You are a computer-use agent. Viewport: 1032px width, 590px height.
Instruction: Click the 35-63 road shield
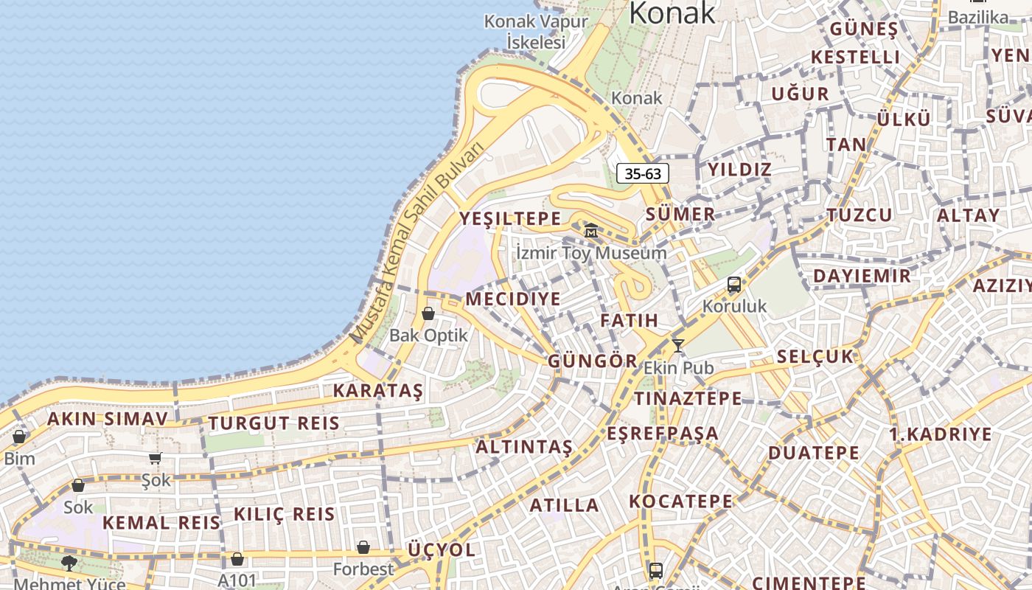point(643,174)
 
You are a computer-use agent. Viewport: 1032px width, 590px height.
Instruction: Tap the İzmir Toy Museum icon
point(591,231)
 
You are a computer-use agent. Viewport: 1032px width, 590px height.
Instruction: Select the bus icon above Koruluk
point(733,284)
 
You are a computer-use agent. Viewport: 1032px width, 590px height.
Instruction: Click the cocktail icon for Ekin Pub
point(677,344)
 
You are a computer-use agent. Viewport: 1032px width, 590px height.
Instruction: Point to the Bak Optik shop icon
point(428,313)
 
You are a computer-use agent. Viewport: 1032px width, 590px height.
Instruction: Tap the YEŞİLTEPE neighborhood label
point(510,218)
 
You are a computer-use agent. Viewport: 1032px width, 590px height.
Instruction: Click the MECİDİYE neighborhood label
point(513,299)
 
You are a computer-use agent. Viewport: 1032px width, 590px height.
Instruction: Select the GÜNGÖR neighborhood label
point(592,361)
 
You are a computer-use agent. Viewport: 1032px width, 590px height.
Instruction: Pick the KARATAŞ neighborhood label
point(378,391)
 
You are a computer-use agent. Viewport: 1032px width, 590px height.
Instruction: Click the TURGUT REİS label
point(273,423)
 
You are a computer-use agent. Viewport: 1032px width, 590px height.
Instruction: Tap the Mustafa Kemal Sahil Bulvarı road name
point(419,243)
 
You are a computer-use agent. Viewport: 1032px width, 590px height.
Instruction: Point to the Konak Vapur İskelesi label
point(536,31)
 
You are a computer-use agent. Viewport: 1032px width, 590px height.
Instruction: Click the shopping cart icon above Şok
point(156,458)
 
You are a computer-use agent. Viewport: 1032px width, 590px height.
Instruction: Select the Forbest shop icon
point(363,547)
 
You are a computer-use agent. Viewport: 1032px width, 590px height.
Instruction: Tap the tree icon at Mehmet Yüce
point(69,563)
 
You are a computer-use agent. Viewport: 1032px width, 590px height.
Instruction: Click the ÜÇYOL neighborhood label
point(442,550)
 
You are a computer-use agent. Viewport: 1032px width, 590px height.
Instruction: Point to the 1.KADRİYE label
point(941,434)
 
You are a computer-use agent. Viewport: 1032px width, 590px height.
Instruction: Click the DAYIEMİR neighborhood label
point(862,277)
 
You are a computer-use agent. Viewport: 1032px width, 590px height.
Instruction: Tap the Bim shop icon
point(19,437)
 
